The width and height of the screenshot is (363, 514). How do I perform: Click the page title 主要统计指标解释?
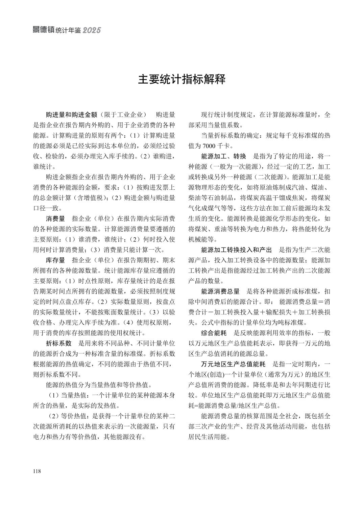pos(181,80)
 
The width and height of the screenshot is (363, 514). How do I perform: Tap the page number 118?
pos(37,471)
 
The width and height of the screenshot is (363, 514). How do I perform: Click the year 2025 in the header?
pos(92,30)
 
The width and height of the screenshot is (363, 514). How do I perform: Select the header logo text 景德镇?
pos(43,30)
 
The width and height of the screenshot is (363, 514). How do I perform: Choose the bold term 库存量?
pos(55,260)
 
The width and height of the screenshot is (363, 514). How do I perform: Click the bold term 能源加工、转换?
pos(223,156)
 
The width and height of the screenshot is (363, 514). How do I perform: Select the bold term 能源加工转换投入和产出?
pos(236,250)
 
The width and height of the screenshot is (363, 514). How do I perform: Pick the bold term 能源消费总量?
pos(220,291)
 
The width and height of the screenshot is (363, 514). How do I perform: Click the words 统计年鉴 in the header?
pos(68,30)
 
